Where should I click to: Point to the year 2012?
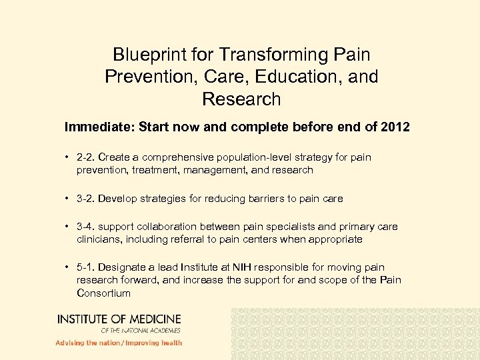coord(395,127)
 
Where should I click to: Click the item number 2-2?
coord(85,158)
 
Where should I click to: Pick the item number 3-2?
coord(85,199)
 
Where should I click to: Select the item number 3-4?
coord(85,227)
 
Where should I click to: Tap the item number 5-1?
coord(85,268)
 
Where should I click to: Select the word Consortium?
coord(103,293)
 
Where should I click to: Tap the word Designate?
coord(125,268)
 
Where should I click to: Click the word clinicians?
coord(98,239)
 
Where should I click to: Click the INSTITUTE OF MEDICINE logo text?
coord(119,319)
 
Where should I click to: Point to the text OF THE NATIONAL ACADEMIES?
coord(141,330)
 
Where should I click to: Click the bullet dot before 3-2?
coord(68,199)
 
